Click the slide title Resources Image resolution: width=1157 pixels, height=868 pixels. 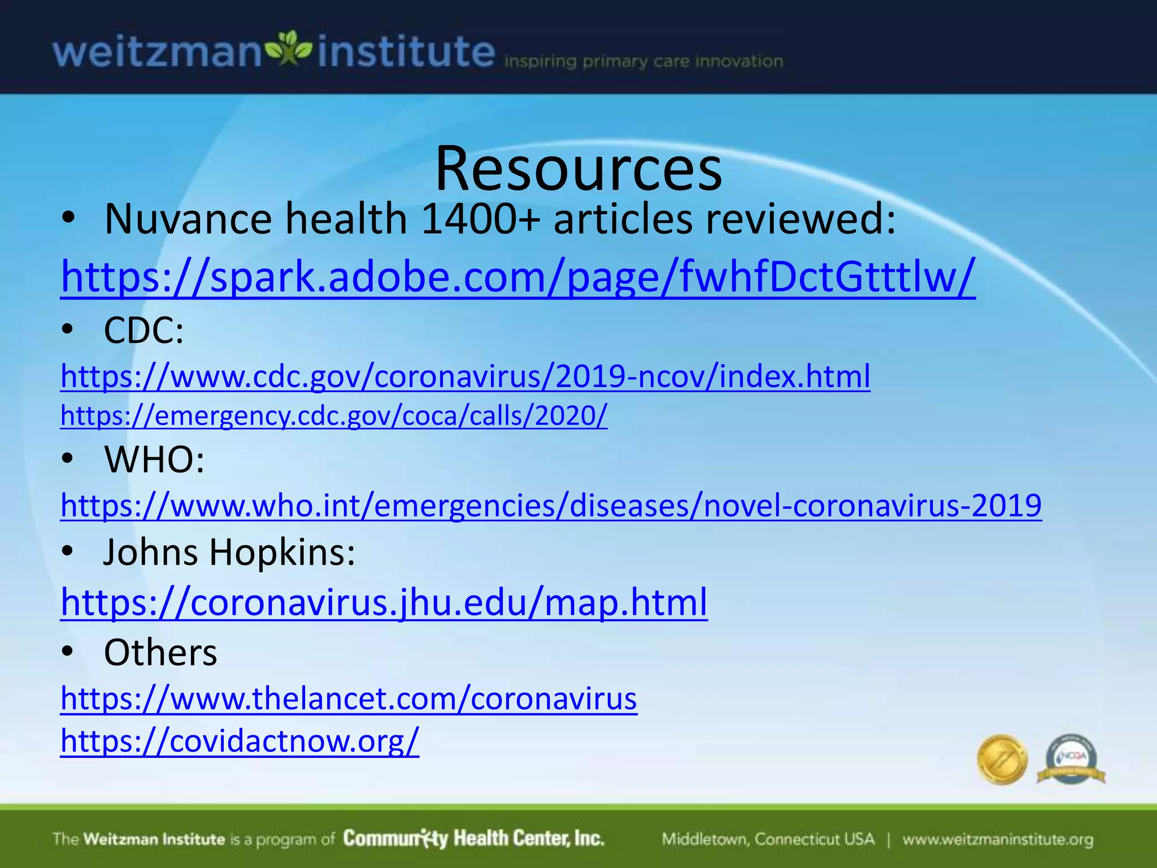point(578,168)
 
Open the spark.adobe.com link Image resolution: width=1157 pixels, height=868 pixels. point(517,277)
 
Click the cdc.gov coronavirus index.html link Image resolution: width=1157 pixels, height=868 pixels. point(465,376)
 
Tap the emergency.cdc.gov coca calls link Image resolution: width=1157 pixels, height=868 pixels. point(334,416)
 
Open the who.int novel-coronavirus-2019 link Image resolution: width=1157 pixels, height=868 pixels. point(551,505)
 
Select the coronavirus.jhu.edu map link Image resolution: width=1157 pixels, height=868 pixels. point(384,602)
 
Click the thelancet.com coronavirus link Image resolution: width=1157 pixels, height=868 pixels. point(349,699)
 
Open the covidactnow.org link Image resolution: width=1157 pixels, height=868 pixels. point(240,741)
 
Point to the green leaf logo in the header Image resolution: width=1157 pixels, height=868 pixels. point(289,49)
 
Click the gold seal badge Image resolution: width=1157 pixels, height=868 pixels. point(1002,759)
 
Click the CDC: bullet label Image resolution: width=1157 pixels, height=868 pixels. point(143,330)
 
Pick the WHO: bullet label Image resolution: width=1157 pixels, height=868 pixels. point(154,459)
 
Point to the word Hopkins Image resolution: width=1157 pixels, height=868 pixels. point(282,552)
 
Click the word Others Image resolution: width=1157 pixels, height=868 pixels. point(160,653)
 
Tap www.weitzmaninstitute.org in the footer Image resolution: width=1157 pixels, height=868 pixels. point(998,840)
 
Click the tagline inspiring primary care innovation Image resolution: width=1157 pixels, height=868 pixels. point(643,61)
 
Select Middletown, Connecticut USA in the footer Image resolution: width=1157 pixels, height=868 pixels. point(768,840)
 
